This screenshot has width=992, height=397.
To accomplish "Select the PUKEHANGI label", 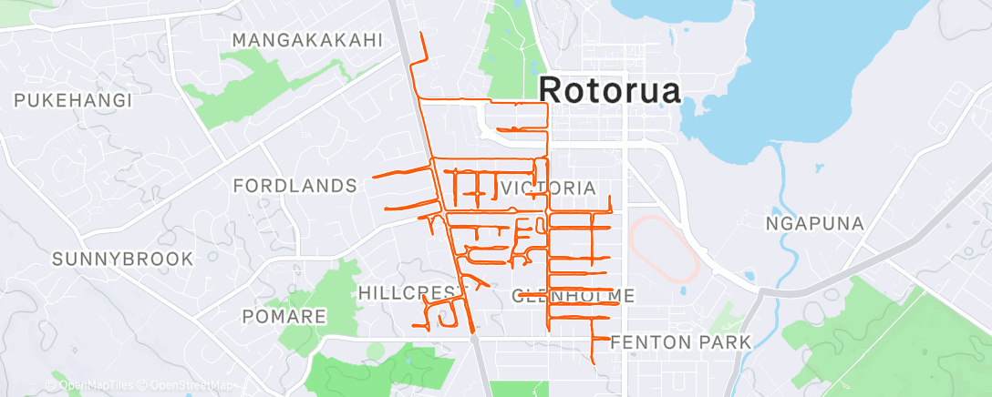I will point(74,100).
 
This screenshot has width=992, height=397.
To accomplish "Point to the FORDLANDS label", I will point(294,186).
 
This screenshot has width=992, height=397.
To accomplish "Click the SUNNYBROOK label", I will point(122,260).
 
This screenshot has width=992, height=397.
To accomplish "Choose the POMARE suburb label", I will point(284,316).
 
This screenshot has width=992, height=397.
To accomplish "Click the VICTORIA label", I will point(549,188).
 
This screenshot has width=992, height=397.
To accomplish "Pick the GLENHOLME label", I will point(573,295).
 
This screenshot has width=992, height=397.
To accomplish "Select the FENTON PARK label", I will point(680,341).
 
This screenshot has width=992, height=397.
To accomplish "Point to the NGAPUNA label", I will point(814,223).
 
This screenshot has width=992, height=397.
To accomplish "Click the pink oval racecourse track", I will point(665,247).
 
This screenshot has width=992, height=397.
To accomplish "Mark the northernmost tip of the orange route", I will point(420,34).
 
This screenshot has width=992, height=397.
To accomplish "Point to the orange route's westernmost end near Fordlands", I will point(372,178).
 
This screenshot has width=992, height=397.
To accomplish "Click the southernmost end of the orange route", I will point(595,363).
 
